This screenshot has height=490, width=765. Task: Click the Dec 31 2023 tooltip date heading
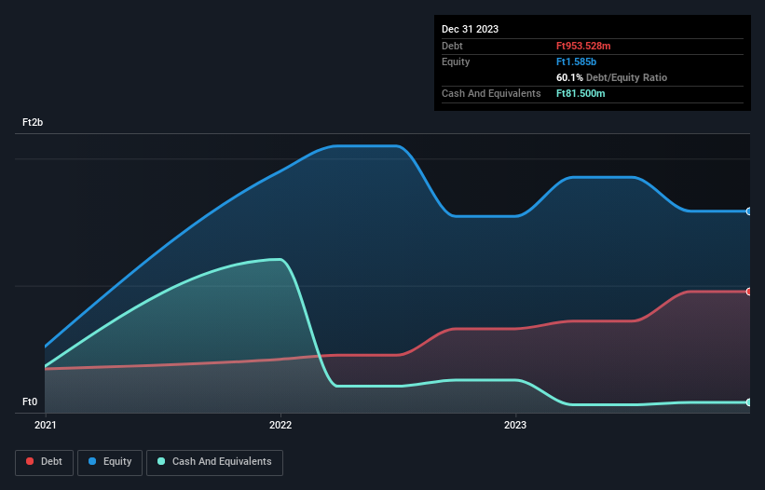coord(470,29)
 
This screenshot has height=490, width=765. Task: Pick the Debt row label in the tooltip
coord(453,46)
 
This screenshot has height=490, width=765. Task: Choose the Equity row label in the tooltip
coord(456,61)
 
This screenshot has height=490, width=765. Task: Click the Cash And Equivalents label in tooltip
coord(491,93)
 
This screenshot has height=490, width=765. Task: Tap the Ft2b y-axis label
coord(33,123)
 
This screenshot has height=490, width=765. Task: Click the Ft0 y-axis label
coord(30,402)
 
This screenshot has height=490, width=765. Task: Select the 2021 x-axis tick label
coord(45,425)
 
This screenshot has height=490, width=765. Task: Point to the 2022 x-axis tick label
coord(280,425)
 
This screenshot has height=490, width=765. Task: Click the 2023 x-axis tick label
coord(515,425)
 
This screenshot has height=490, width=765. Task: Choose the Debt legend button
coord(44,462)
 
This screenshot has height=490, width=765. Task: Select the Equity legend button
coord(110,462)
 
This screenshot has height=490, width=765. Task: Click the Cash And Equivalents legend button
coord(214,462)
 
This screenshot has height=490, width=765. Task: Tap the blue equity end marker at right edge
coord(748,211)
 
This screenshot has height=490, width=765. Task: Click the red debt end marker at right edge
coord(748,292)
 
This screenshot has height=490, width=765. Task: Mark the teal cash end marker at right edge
coord(748,402)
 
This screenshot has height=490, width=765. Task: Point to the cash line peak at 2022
coord(278,260)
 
